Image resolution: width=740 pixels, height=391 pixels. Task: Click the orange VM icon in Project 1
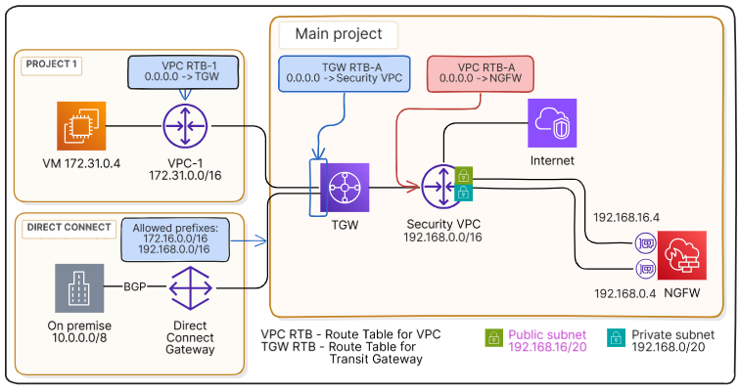tap(82, 127)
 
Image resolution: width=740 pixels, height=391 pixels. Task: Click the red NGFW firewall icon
tap(681, 256)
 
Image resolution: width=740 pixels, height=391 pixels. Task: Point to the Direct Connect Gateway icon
tap(192, 288)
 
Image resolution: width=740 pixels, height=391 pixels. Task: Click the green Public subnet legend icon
tap(494, 338)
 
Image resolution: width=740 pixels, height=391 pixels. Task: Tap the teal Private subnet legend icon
tap(617, 338)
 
